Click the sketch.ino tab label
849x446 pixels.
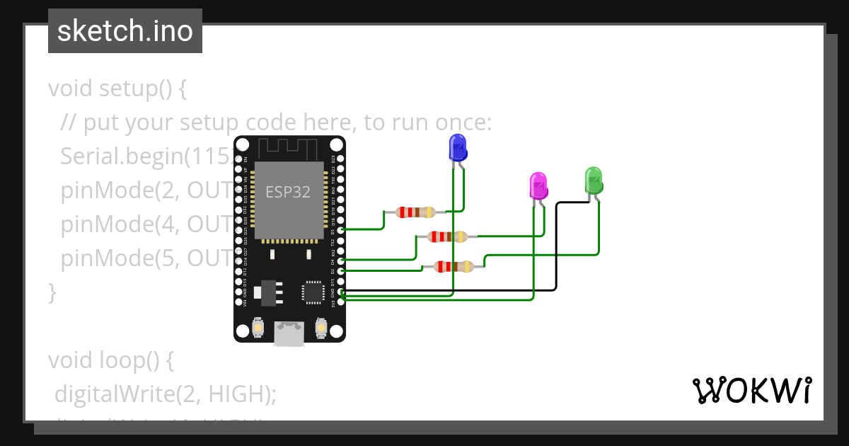click(x=125, y=32)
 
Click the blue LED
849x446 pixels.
click(x=458, y=148)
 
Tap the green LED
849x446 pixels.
click(x=593, y=181)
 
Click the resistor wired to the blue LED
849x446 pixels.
click(x=415, y=212)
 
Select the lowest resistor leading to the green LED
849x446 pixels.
click(x=454, y=267)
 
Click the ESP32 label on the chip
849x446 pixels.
click(x=288, y=192)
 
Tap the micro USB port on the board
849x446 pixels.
click(x=289, y=334)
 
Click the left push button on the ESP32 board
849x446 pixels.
click(x=258, y=328)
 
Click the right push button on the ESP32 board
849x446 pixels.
click(x=320, y=328)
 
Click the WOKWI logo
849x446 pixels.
click(x=751, y=390)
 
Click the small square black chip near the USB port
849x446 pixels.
click(x=312, y=292)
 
